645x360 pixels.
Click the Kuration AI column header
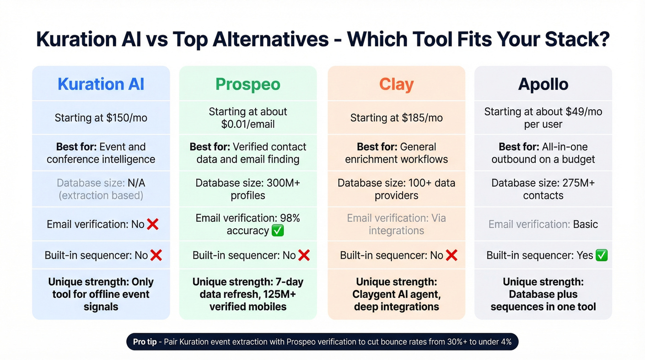pyautogui.click(x=101, y=84)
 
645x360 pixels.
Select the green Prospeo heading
pyautogui.click(x=248, y=84)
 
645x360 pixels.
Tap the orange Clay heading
pyautogui.click(x=396, y=84)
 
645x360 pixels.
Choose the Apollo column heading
pyautogui.click(x=543, y=84)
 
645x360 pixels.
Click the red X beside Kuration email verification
pyautogui.click(x=152, y=224)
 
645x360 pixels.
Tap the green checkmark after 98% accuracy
pyautogui.click(x=278, y=231)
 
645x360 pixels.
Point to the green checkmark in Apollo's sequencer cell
pyautogui.click(x=602, y=255)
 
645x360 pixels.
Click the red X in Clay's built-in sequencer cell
pyautogui.click(x=451, y=255)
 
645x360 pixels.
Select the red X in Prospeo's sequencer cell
pyautogui.click(x=304, y=255)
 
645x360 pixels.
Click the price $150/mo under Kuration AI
pyautogui.click(x=127, y=118)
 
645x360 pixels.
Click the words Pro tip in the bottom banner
pyautogui.click(x=145, y=342)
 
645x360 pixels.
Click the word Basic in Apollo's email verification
pyautogui.click(x=585, y=224)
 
